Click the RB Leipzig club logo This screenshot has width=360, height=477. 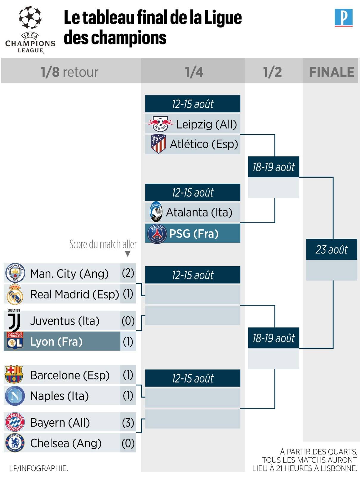[x=160, y=124]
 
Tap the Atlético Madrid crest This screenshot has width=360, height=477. [x=159, y=144]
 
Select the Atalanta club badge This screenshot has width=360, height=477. [x=156, y=212]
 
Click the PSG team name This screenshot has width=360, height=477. [x=194, y=234]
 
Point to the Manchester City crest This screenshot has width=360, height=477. [x=15, y=273]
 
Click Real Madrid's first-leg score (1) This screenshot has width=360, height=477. [x=128, y=294]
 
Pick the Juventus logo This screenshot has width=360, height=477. [x=14, y=320]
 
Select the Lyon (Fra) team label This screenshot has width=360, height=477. [x=56, y=342]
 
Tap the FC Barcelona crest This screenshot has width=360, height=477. [x=14, y=375]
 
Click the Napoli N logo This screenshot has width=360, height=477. [x=15, y=396]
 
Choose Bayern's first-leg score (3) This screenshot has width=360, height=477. [x=128, y=423]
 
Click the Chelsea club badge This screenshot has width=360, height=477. [x=15, y=443]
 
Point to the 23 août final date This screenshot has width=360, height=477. [x=331, y=249]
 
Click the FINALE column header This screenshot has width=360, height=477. [x=332, y=72]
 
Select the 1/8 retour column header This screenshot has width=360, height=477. [x=69, y=72]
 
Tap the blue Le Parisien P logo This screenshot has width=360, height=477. [x=344, y=18]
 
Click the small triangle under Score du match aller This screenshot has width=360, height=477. [x=128, y=254]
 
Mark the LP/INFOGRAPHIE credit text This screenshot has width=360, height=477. [x=38, y=468]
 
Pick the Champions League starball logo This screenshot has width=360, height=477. [x=30, y=17]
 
